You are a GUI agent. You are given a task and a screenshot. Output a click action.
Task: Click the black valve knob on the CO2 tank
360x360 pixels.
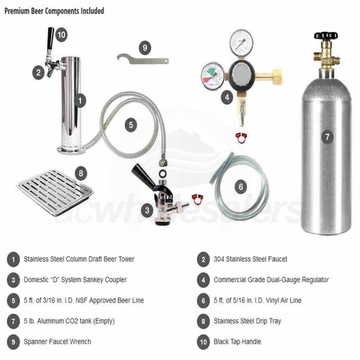pyautogui.click(x=326, y=35)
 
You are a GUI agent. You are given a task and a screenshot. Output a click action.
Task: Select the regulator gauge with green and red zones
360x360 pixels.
pyautogui.click(x=212, y=76)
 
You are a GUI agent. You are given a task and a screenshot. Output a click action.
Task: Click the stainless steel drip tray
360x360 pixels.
pyautogui.click(x=55, y=193)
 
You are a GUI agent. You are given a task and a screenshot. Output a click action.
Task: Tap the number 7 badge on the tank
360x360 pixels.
pyautogui.click(x=327, y=137)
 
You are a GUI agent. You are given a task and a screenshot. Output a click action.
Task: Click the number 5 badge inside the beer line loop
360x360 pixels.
pyautogui.click(x=131, y=125)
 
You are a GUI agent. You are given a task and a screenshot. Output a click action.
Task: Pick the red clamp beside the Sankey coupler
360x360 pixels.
pyautogui.click(x=198, y=199)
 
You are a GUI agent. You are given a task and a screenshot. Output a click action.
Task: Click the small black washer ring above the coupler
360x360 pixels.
pyautogui.click(x=162, y=173)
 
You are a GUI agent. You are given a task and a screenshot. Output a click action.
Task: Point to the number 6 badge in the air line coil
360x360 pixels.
pyautogui.click(x=241, y=187)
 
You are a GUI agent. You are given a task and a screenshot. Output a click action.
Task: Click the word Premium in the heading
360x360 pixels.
pyautogui.click(x=17, y=11)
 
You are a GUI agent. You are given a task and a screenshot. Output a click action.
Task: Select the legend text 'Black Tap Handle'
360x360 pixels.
pyautogui.click(x=237, y=341)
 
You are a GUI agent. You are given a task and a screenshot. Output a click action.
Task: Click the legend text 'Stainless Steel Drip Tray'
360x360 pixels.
pyautogui.click(x=247, y=321)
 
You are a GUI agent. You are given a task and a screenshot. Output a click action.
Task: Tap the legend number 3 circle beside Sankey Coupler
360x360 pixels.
pyautogui.click(x=13, y=280)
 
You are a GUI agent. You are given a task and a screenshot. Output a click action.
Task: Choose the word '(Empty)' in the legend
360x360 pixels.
pyautogui.click(x=104, y=321)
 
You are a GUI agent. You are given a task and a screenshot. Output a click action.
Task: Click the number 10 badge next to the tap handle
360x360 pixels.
pyautogui.click(x=61, y=35)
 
